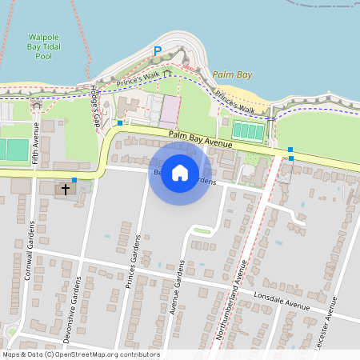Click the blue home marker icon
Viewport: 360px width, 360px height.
[180, 172]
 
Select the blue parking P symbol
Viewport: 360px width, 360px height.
[158, 51]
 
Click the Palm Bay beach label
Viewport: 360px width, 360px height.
[232, 74]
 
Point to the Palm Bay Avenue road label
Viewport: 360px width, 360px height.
[200, 139]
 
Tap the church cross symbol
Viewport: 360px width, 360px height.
[66, 190]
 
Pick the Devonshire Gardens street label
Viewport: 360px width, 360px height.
[77, 304]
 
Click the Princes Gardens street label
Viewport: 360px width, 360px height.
[133, 261]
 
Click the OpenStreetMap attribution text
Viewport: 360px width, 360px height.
[80, 354]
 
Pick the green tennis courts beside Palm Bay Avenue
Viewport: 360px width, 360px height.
[249, 130]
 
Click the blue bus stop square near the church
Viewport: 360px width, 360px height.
[74, 180]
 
